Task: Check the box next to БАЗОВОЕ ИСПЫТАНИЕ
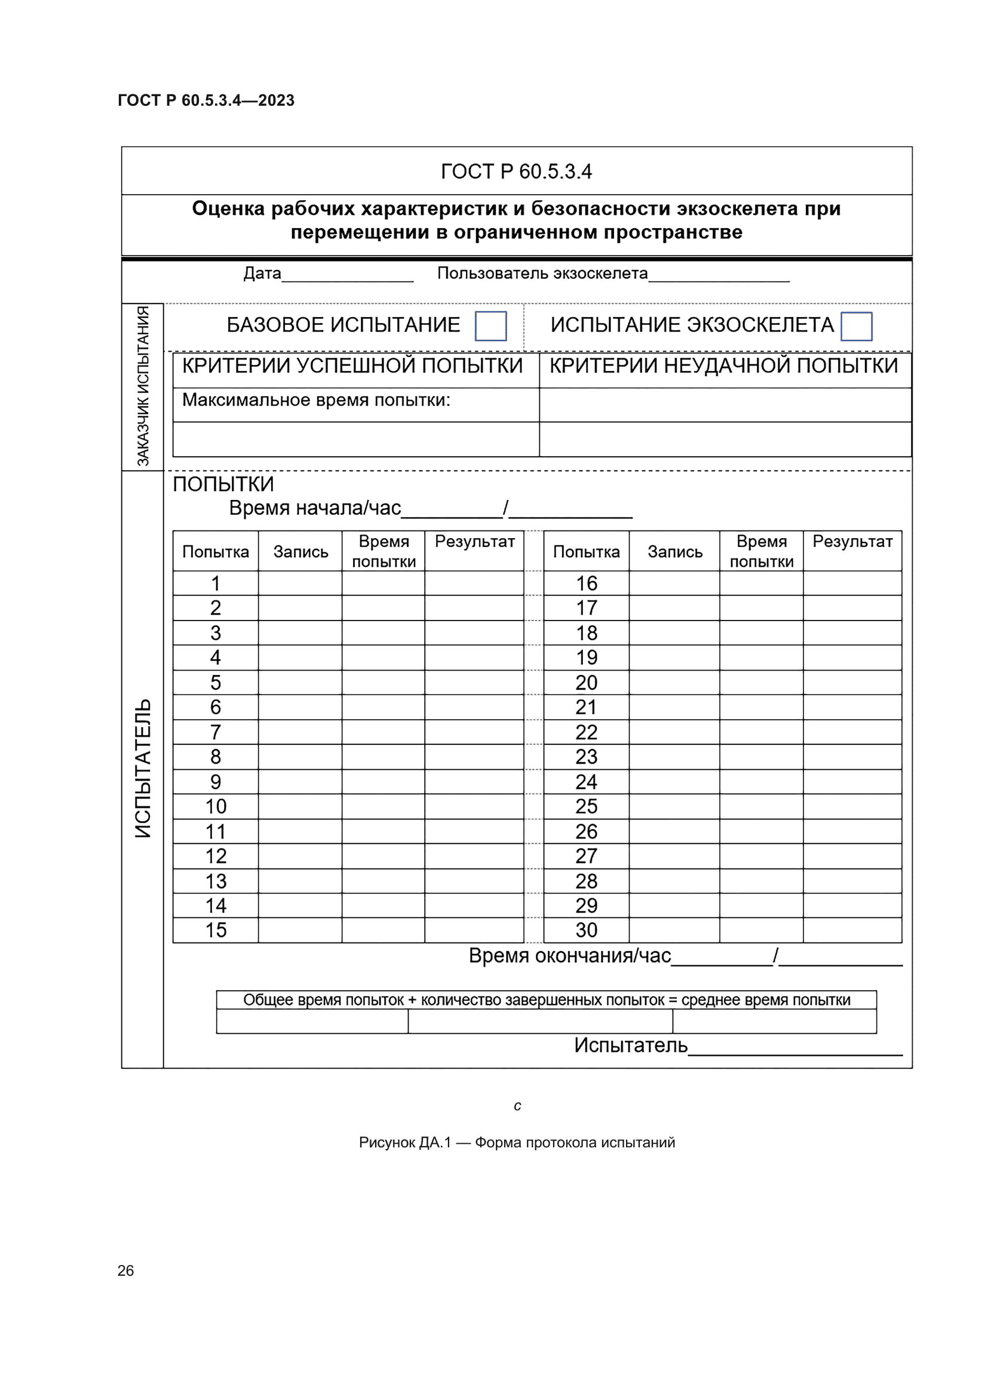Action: click(x=490, y=326)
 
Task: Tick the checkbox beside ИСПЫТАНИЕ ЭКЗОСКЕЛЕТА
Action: click(x=856, y=326)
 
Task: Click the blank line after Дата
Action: click(x=348, y=277)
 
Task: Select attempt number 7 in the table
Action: click(x=216, y=732)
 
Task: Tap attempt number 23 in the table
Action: click(x=587, y=757)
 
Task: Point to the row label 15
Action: click(x=216, y=931)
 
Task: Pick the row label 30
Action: click(x=587, y=931)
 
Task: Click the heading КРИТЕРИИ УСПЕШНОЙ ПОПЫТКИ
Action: click(x=352, y=366)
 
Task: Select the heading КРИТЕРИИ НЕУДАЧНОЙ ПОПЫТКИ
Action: click(x=723, y=366)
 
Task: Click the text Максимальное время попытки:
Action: click(x=317, y=400)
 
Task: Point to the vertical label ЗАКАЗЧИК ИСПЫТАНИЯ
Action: click(x=142, y=386)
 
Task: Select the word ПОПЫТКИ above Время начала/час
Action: click(x=223, y=484)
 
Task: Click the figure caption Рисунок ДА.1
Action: click(x=517, y=1142)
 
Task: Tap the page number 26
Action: click(x=125, y=1270)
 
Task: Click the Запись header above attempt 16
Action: click(x=674, y=552)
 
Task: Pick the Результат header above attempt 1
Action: click(x=474, y=542)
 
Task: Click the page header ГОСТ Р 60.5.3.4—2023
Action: click(x=205, y=100)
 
